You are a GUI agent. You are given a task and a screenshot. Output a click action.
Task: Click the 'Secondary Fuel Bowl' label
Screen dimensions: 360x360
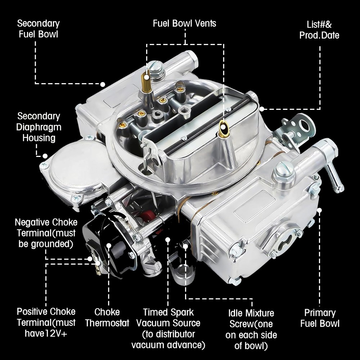click(38, 29)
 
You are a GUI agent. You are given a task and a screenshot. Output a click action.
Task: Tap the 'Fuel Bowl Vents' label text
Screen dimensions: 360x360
click(184, 24)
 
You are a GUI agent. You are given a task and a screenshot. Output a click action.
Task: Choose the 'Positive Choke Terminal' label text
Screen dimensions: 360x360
click(46, 322)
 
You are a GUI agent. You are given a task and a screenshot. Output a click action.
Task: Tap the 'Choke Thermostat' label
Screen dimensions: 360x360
click(107, 317)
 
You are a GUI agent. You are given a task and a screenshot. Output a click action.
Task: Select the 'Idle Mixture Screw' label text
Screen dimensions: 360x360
click(251, 329)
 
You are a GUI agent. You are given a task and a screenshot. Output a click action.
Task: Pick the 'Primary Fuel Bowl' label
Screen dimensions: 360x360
click(320, 318)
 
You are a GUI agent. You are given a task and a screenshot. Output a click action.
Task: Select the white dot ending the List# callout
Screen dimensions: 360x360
click(262, 108)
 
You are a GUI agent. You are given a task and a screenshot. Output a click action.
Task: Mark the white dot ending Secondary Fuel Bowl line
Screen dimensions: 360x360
click(103, 84)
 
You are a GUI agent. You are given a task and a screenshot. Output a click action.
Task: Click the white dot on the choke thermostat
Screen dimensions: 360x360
click(109, 246)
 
